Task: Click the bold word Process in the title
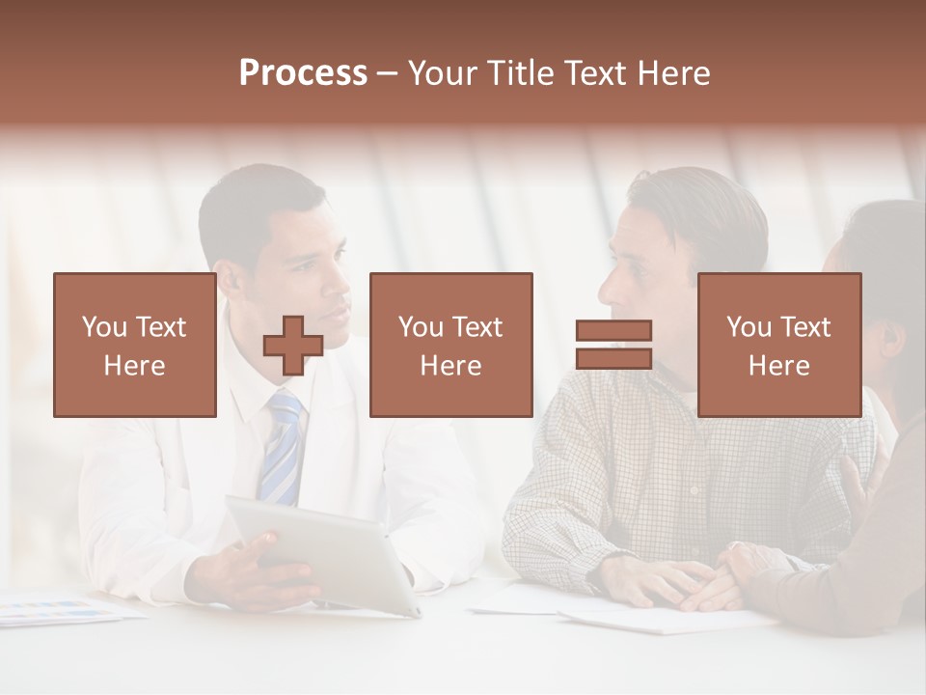303,72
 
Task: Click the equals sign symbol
613,345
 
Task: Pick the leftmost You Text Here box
134,345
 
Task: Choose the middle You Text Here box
450,345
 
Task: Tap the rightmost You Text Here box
778,345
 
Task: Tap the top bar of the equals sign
613,331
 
